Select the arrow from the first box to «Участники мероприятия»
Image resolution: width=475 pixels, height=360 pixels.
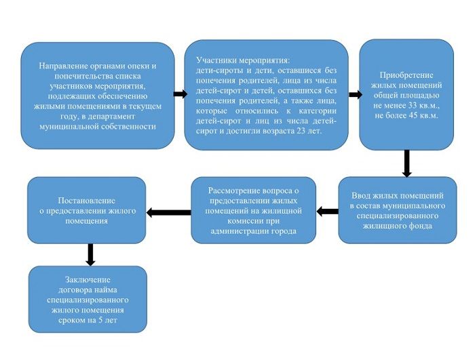tap(180, 94)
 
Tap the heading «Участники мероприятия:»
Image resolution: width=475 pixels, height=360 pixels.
tap(243, 60)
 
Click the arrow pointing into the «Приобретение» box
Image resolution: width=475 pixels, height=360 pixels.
tap(356, 95)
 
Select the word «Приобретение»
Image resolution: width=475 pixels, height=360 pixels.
tap(406, 75)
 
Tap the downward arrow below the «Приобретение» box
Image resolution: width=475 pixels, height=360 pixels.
tap(407, 163)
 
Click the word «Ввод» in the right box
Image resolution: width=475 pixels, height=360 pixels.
tap(360, 195)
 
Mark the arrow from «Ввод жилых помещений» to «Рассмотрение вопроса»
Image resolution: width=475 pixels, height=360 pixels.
tap(327, 211)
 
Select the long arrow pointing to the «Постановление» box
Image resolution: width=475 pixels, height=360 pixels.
tap(168, 212)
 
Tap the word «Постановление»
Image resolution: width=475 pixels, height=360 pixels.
tap(87, 201)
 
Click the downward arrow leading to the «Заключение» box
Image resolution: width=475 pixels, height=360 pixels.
tap(90, 255)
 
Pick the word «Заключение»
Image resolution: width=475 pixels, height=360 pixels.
tap(88, 280)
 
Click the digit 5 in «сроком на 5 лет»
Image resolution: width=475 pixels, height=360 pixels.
tap(100, 320)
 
